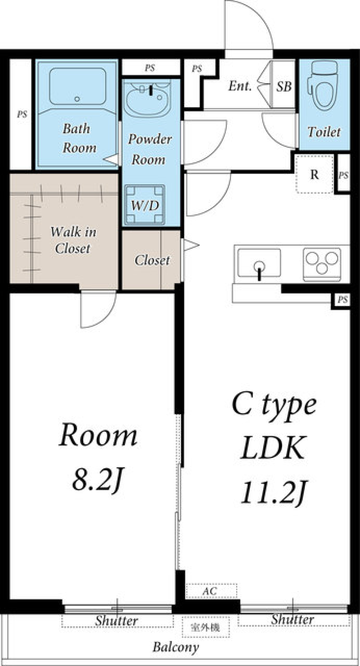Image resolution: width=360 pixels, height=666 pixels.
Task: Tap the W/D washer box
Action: (145, 204)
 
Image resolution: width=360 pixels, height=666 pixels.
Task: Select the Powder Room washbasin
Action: (147, 99)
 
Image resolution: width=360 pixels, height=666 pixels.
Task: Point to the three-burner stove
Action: (322, 264)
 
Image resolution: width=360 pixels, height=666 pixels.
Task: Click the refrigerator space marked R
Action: (314, 174)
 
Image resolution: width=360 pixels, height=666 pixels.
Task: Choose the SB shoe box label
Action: (284, 87)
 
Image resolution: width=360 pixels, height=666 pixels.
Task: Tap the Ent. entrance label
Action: (240, 86)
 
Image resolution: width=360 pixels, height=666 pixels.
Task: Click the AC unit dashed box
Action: (211, 591)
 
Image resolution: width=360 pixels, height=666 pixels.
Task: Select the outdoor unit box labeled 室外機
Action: (205, 627)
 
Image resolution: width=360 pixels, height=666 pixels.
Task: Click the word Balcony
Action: (175, 647)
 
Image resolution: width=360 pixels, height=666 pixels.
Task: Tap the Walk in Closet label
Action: (73, 240)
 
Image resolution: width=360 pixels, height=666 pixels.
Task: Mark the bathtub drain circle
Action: (77, 99)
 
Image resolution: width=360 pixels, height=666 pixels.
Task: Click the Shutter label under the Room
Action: (116, 621)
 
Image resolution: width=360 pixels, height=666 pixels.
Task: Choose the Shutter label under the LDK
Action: (292, 619)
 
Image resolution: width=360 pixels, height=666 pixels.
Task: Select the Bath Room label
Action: (79, 138)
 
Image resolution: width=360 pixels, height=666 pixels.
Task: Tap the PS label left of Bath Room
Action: (22, 114)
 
